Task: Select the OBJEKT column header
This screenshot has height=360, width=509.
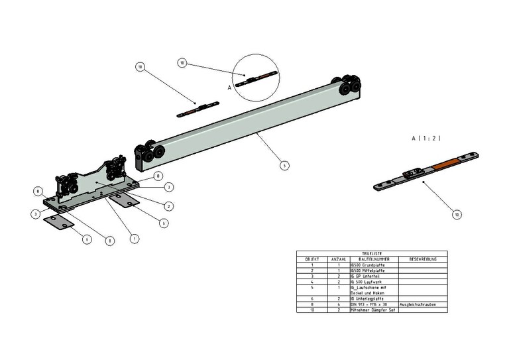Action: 312,259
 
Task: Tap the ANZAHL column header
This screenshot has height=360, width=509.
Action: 338,259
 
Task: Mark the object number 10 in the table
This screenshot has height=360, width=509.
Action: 312,310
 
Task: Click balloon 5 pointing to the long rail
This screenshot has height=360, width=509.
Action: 284,165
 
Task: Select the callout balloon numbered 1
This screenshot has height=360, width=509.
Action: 135,238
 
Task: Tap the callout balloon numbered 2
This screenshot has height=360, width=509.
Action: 168,206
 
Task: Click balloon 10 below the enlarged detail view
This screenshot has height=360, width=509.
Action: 456,214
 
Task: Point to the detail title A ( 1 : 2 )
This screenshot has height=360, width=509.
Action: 426,138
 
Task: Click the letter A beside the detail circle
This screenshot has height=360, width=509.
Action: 229,87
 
